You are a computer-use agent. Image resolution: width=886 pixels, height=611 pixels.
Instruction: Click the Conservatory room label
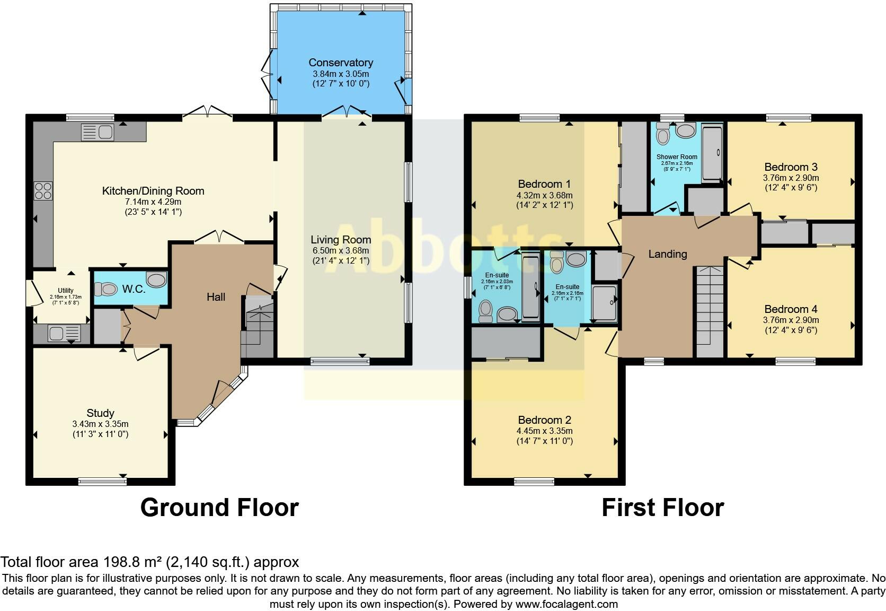341,63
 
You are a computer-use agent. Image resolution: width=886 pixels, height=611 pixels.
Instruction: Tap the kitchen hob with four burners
43,190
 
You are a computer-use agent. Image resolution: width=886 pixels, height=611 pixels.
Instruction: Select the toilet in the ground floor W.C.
105,289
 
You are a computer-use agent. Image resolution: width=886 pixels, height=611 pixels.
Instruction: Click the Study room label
101,413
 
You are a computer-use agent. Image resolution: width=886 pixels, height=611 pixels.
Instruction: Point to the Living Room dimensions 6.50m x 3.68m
341,250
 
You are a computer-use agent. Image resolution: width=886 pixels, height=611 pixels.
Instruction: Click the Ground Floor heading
219,508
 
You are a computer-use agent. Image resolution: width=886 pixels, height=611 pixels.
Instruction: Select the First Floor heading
663,508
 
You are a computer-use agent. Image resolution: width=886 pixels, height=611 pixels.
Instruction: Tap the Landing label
667,254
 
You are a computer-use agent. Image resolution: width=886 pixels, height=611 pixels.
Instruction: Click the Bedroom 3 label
791,167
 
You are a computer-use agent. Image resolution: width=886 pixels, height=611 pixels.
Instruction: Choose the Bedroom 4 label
791,309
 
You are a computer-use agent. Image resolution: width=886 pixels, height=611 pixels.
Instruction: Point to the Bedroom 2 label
545,420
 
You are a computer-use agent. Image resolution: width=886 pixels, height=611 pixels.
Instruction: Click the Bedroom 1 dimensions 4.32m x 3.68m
545,195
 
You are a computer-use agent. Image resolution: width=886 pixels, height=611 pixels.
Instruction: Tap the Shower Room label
677,157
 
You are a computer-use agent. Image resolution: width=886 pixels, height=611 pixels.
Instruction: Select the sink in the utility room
65,333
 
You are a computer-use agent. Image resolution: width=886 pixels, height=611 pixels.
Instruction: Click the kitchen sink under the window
98,132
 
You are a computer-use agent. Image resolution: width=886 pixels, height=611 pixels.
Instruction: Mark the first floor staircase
710,312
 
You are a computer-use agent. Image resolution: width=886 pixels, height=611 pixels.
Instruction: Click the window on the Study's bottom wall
102,481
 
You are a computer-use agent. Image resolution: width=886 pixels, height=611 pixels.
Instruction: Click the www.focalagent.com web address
566,604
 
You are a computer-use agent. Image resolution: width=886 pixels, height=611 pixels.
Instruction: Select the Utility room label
66,290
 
